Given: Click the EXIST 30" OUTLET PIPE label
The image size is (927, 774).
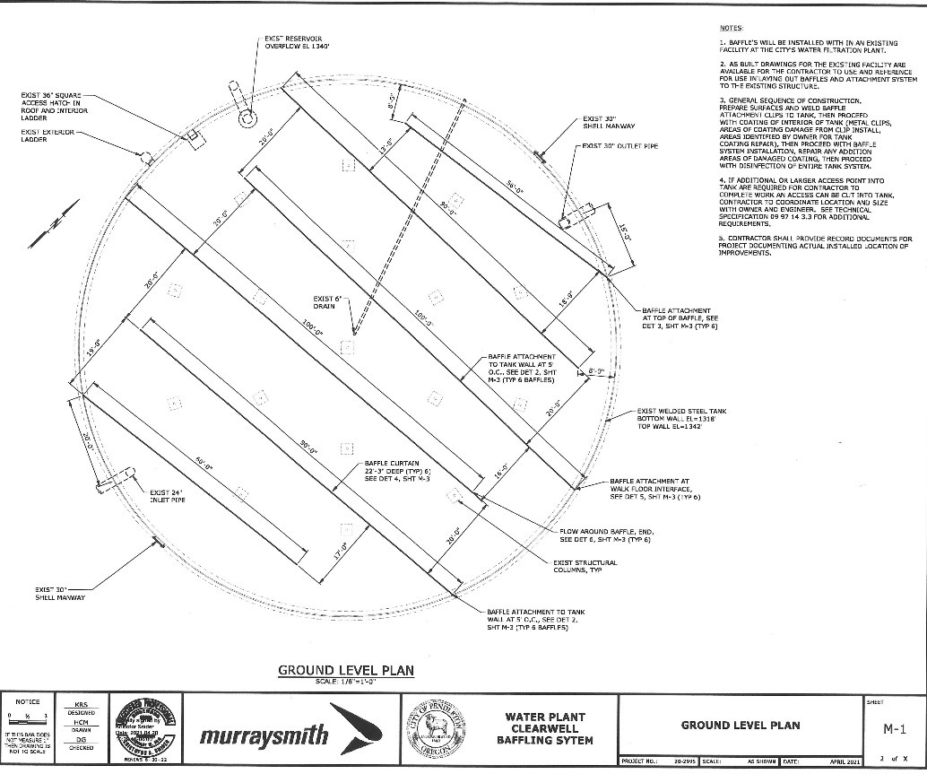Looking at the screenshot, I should click(625, 145).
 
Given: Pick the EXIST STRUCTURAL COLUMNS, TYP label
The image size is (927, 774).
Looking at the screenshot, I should click(585, 566).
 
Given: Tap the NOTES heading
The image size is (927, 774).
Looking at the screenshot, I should click(731, 29).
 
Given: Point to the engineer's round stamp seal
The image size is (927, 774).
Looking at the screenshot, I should click(146, 728).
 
